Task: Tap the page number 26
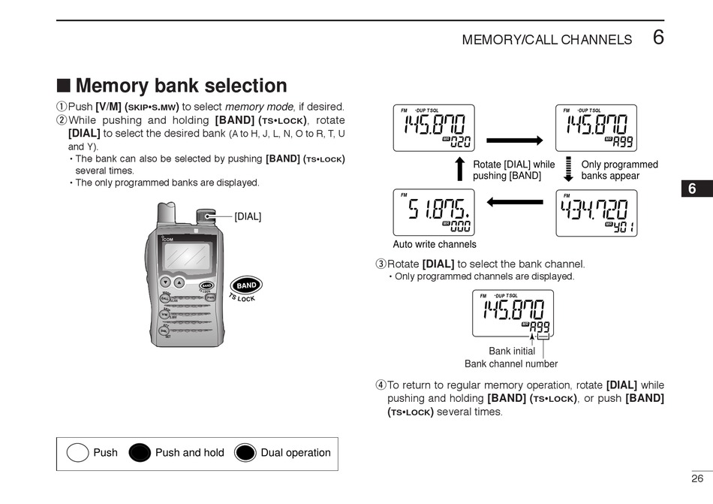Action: (x=697, y=478)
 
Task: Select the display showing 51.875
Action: (x=434, y=213)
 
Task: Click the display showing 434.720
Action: (x=596, y=213)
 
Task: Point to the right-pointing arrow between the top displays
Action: (x=514, y=140)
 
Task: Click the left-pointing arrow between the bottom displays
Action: (x=514, y=201)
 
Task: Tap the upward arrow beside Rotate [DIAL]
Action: (x=460, y=169)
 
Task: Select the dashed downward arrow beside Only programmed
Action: (x=568, y=169)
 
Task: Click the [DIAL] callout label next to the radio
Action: (x=248, y=216)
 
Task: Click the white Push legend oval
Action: (x=78, y=453)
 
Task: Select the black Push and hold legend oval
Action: (x=140, y=453)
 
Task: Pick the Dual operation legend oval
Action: (x=245, y=453)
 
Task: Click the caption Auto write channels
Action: (x=435, y=244)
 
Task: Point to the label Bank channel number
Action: (x=511, y=364)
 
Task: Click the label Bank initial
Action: (x=512, y=351)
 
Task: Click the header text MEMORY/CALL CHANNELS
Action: (x=547, y=40)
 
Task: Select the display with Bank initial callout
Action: (x=513, y=312)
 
